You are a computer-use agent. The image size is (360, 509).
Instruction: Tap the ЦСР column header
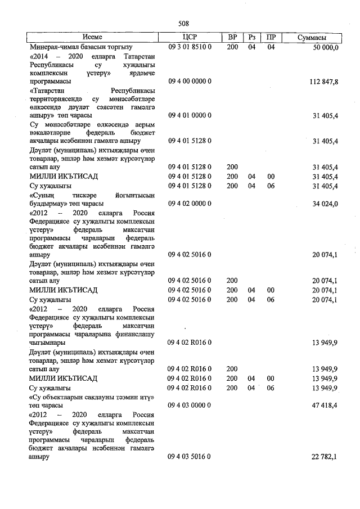tap(190, 37)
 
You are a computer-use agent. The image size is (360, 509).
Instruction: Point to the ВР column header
tap(232, 37)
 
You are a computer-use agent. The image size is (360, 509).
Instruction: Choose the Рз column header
tap(251, 37)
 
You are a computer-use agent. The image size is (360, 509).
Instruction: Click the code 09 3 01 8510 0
tap(190, 47)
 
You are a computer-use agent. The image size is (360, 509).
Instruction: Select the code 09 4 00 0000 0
tap(190, 82)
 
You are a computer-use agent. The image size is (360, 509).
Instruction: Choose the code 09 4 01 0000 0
tap(190, 115)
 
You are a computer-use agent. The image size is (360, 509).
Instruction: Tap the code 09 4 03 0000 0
tap(190, 404)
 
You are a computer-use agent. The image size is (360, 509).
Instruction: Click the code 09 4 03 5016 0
tap(190, 458)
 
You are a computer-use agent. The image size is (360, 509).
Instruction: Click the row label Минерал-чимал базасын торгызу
tap(81, 47)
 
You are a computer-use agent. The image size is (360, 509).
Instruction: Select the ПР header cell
tap(271, 37)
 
